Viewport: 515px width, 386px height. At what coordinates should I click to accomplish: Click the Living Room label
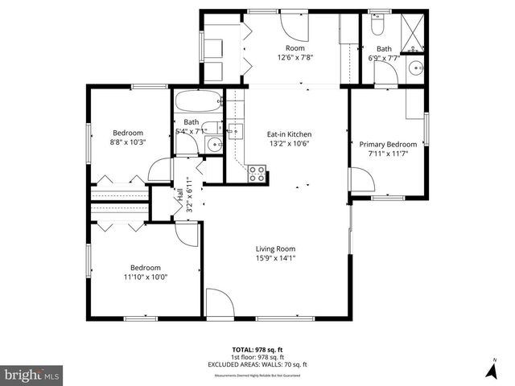click(276, 248)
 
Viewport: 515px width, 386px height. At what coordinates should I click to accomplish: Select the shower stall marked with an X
click(417, 27)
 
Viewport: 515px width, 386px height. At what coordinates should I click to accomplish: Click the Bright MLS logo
click(32, 374)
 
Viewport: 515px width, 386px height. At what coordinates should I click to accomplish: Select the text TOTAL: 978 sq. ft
click(257, 350)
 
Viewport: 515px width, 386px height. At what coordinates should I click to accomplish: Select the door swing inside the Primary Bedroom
click(358, 179)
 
